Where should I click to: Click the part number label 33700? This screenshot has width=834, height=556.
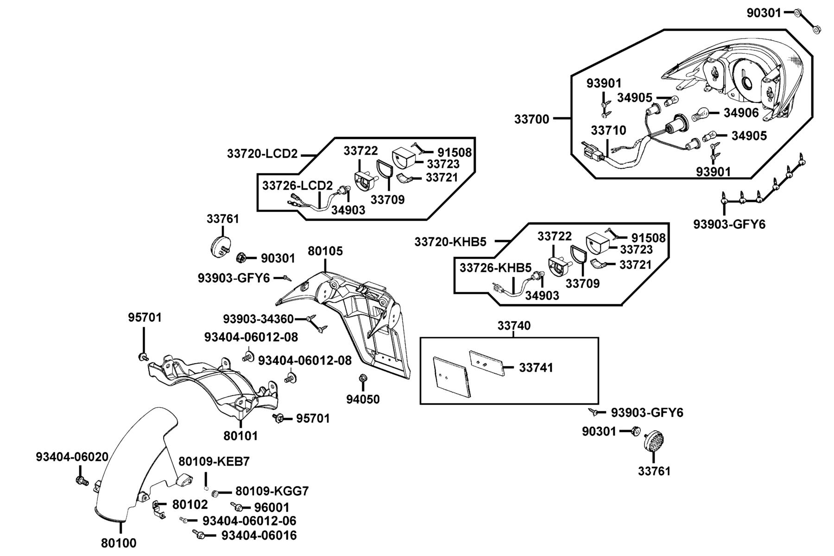[x=531, y=119]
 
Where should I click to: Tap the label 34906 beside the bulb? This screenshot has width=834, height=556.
[x=741, y=113]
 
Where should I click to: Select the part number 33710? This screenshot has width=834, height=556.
[x=608, y=130]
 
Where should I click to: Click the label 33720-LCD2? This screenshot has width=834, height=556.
[x=262, y=153]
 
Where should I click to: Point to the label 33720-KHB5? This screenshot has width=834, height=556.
[x=450, y=242]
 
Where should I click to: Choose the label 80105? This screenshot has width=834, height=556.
[x=325, y=251]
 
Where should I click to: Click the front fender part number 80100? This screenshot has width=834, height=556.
[x=119, y=543]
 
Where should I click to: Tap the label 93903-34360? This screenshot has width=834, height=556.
[x=258, y=319]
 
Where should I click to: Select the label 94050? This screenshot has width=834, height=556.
[x=363, y=399]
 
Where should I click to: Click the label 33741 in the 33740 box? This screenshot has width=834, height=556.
[x=536, y=367]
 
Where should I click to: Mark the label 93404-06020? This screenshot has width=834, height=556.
[x=72, y=457]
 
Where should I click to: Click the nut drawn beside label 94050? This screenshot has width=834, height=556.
[x=363, y=379]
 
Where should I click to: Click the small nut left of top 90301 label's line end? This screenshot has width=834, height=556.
[x=797, y=13]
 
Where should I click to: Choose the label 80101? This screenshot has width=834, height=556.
[x=240, y=436]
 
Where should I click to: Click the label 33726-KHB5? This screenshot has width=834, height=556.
[x=495, y=268]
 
